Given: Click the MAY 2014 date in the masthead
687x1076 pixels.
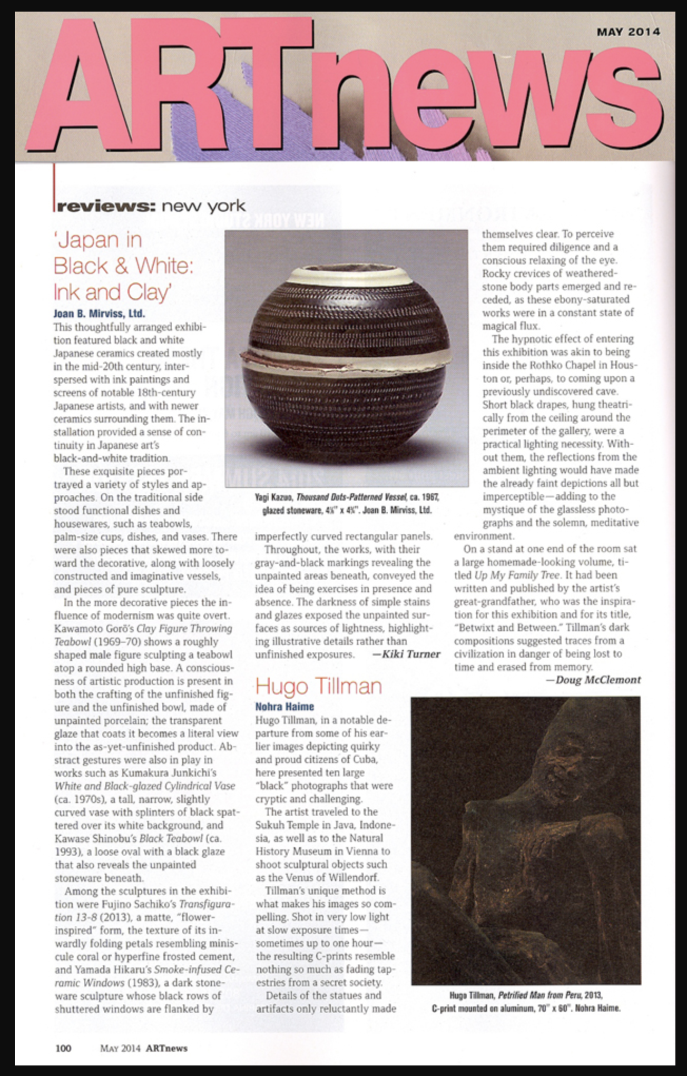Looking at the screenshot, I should (628, 32).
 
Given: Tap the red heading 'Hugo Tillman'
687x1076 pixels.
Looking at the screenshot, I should (318, 687).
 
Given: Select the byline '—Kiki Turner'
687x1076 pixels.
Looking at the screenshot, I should (406, 654).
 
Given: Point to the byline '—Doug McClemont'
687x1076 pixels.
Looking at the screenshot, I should (593, 680).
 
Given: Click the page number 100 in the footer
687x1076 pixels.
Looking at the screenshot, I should (63, 1048).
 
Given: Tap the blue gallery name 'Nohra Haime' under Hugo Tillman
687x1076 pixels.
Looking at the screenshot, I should (284, 707).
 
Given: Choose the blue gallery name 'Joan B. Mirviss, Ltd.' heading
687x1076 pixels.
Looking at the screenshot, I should (99, 314).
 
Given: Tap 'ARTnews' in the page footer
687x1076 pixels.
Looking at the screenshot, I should (166, 1048).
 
